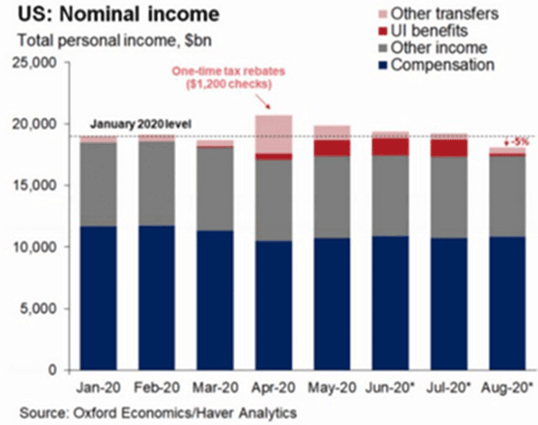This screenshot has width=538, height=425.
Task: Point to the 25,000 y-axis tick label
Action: (x=32, y=63)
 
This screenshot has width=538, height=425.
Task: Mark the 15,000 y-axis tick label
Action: (x=32, y=186)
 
